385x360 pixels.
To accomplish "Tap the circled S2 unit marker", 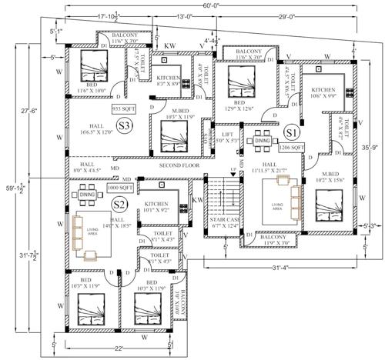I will (x=118, y=204).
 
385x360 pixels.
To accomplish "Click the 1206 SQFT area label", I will (x=290, y=145).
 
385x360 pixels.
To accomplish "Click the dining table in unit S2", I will (x=87, y=196).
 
